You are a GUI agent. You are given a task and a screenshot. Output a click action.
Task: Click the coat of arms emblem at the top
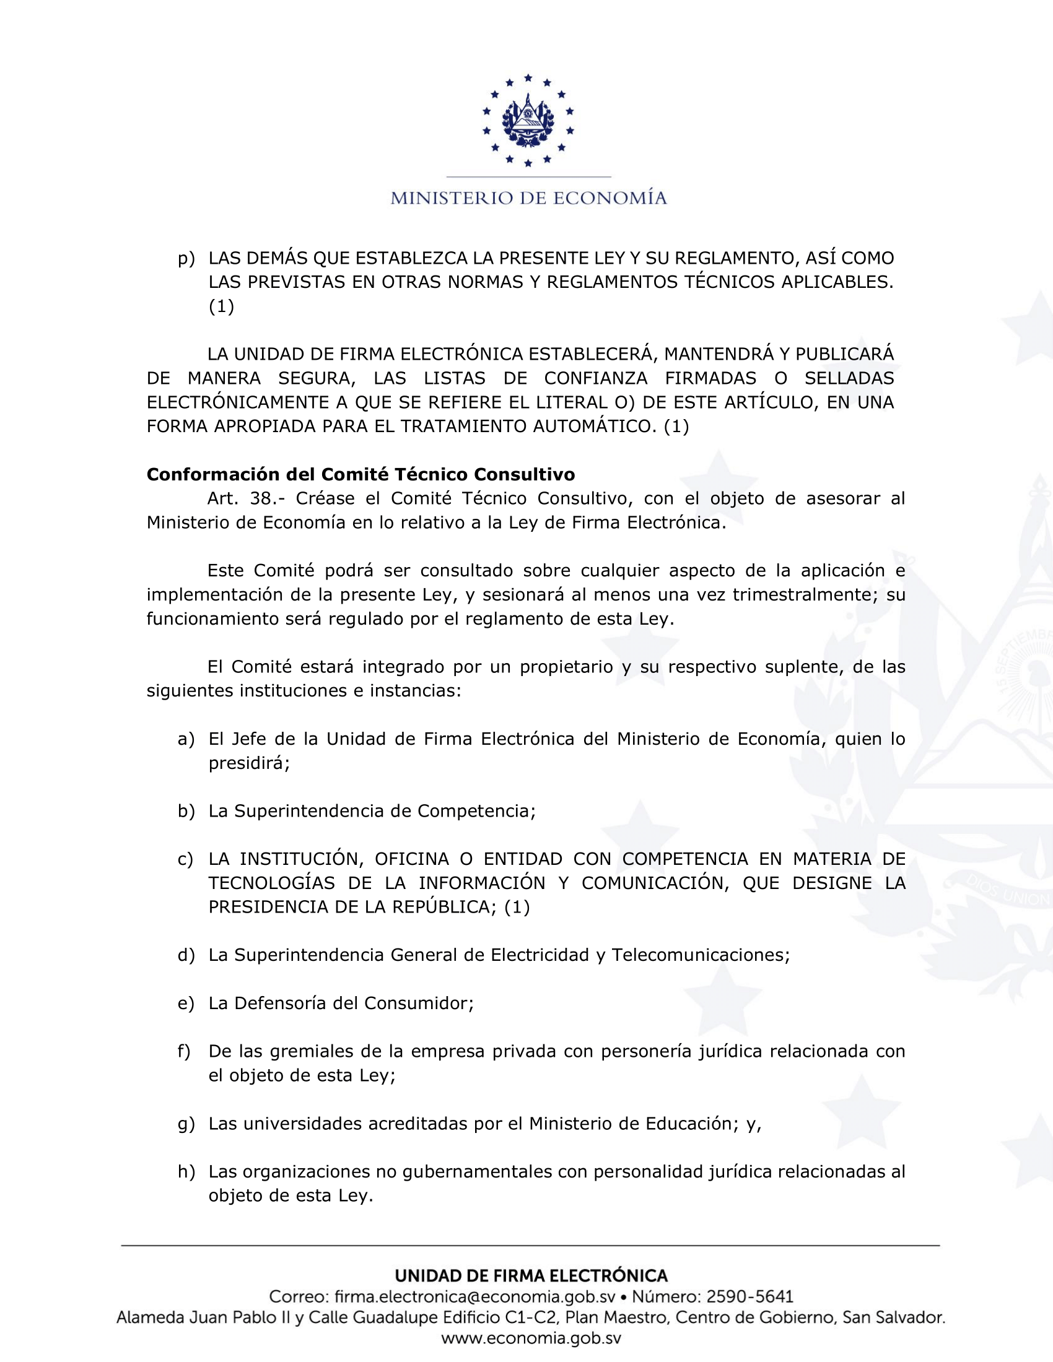(528, 120)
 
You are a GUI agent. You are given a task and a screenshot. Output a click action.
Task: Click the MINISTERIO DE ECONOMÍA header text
(528, 198)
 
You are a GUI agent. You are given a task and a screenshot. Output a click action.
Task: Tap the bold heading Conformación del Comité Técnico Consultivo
(360, 475)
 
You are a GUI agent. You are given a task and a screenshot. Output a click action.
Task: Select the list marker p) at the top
(186, 259)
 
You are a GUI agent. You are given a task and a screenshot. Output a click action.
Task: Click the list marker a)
(186, 740)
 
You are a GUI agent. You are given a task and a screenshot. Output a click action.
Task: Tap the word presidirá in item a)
(248, 763)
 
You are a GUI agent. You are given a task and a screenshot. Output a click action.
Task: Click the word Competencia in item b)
(475, 812)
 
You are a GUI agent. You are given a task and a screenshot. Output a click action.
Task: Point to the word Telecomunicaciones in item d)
(700, 955)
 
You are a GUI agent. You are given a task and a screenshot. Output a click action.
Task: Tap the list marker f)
(184, 1052)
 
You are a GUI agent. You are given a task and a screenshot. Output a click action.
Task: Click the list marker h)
(186, 1172)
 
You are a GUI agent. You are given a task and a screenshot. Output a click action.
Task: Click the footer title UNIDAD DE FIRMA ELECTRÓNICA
(531, 1276)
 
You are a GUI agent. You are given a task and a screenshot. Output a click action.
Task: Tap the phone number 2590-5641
(749, 1297)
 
